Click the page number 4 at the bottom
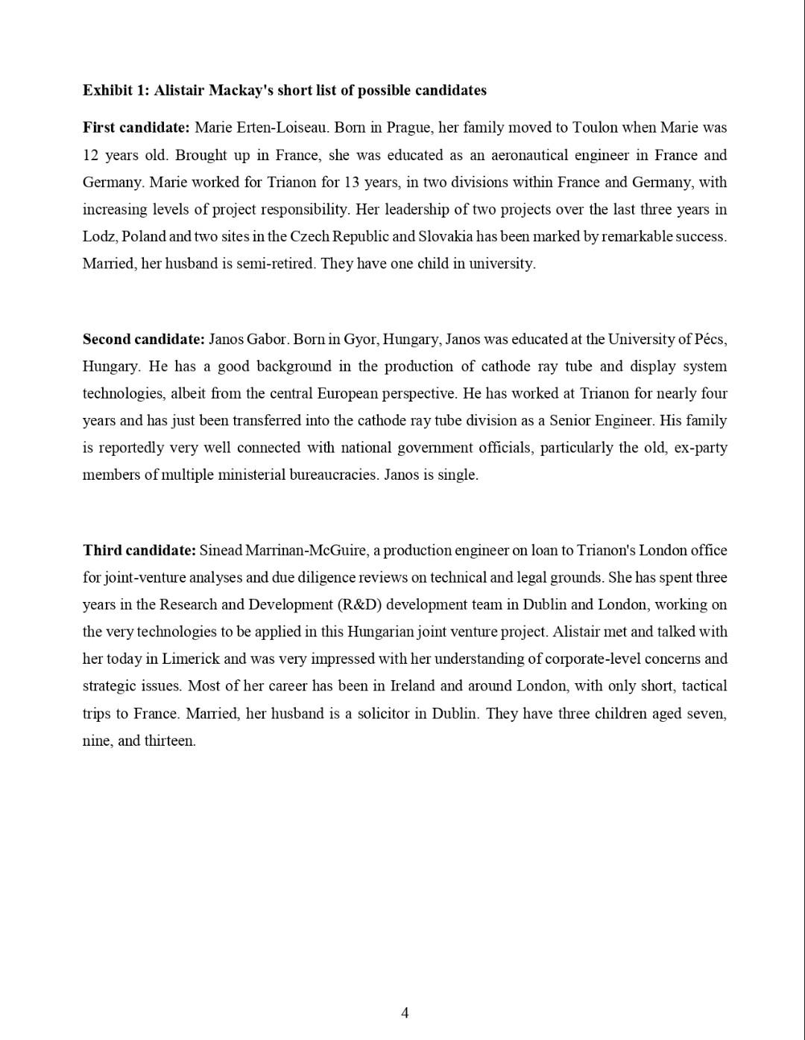(405, 1012)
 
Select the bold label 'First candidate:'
(136, 127)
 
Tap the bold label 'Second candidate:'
(143, 339)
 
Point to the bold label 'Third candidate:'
(139, 551)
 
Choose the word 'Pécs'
(709, 339)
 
